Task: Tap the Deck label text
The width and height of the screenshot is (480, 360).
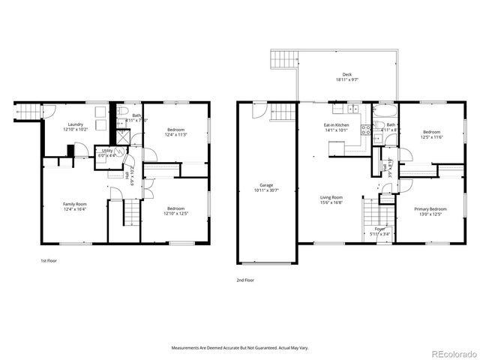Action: [346, 75]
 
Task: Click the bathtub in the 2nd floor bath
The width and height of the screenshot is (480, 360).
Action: [386, 112]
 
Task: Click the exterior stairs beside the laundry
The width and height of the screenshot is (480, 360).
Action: [26, 112]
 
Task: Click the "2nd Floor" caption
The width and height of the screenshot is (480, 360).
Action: [246, 279]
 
